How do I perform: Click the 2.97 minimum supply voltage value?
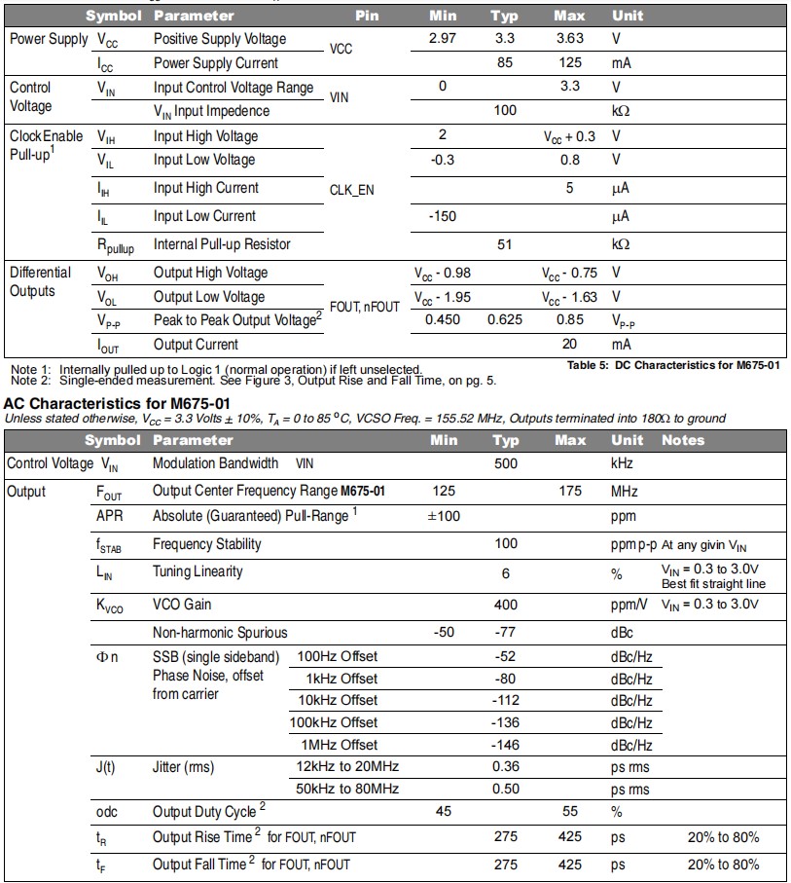[443, 39]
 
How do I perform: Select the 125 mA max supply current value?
[569, 63]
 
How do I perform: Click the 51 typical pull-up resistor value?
[504, 244]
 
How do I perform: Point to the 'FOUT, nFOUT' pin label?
[365, 307]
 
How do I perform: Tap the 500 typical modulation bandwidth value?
[505, 463]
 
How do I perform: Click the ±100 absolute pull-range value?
[444, 515]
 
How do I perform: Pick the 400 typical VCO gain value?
[505, 605]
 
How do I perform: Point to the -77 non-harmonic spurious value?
[505, 633]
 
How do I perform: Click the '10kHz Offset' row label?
[339, 700]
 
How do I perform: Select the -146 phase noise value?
[505, 745]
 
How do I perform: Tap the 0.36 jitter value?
[505, 766]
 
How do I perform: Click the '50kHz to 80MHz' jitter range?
[348, 789]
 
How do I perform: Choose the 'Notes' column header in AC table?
[682, 440]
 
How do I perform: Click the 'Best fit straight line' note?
[713, 584]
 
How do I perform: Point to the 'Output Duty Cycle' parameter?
[204, 811]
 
